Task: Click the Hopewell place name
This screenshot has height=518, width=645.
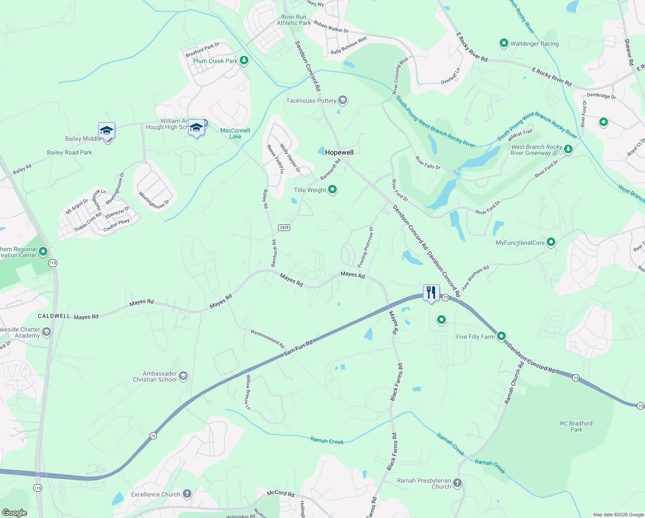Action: [339, 152]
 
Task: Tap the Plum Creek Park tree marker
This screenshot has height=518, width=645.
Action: [244, 60]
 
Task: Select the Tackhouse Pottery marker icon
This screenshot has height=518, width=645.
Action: [343, 101]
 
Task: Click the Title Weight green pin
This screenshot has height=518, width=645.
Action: [332, 190]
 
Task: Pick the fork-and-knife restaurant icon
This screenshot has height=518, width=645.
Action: [431, 293]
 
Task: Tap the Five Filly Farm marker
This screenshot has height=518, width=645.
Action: [501, 336]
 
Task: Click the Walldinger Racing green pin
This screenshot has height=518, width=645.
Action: [504, 43]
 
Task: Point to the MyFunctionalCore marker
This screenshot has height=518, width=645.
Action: [551, 242]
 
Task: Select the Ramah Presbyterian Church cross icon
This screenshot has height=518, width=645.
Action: [457, 483]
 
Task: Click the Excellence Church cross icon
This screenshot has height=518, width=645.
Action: [187, 493]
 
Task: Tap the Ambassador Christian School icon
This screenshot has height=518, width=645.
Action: [183, 376]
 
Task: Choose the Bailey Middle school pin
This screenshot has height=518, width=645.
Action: [106, 130]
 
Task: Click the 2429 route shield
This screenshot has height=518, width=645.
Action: [284, 227]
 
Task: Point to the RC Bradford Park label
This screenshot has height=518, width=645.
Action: [576, 426]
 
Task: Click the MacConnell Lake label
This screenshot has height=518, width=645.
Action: [235, 133]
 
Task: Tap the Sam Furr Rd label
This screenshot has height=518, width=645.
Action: [298, 348]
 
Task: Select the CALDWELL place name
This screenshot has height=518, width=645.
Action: [54, 316]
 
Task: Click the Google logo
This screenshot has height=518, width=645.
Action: [14, 513]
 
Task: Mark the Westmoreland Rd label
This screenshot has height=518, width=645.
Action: [268, 339]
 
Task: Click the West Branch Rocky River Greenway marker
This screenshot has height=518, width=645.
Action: [568, 149]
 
